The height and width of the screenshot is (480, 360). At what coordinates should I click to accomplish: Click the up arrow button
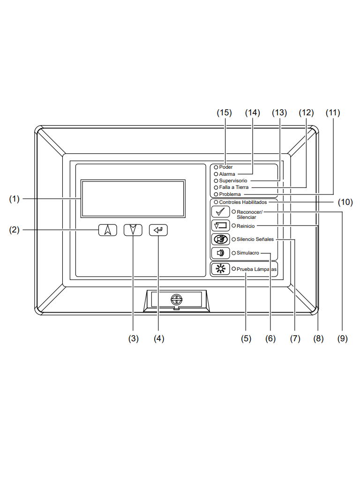[108, 230]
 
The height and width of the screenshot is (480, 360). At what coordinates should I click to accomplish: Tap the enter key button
[158, 230]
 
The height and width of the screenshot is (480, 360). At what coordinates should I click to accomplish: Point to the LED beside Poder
[216, 167]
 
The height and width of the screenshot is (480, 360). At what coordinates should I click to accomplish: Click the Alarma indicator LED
[216, 174]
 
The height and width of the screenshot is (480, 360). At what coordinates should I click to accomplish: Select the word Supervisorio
[233, 180]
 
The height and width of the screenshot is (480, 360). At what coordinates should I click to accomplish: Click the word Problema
[230, 194]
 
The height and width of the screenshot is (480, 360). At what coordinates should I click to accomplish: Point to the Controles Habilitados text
[243, 202]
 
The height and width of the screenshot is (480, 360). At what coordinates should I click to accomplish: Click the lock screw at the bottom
[176, 300]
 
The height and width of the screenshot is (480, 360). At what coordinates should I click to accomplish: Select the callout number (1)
[14, 199]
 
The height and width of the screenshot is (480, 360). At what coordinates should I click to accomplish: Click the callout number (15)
[225, 113]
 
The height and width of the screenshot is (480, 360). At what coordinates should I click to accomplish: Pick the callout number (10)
[345, 202]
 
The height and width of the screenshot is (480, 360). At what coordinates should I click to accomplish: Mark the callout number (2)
[14, 230]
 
